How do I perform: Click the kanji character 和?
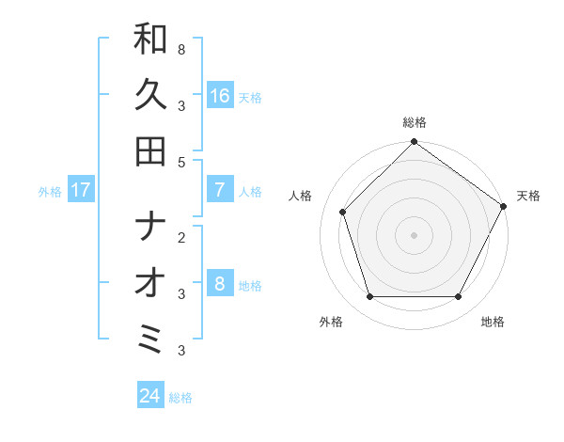[x=150, y=39]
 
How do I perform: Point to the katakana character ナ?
[x=150, y=228]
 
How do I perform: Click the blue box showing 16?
[x=220, y=96]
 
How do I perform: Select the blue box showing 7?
[x=220, y=190]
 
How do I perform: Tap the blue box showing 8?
[x=220, y=284]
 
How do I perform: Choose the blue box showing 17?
[x=81, y=190]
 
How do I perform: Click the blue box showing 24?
[x=150, y=396]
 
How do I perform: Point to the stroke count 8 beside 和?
[x=180, y=48]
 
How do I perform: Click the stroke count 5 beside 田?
[x=180, y=162]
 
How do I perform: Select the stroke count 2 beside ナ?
[x=180, y=236]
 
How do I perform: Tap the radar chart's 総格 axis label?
[x=414, y=122]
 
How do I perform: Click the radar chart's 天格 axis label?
[x=528, y=196]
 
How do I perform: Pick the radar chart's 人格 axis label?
[x=302, y=196]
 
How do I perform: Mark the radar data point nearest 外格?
[x=369, y=297]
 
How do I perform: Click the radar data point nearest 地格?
[x=459, y=297]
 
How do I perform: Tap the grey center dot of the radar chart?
[x=414, y=234]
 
